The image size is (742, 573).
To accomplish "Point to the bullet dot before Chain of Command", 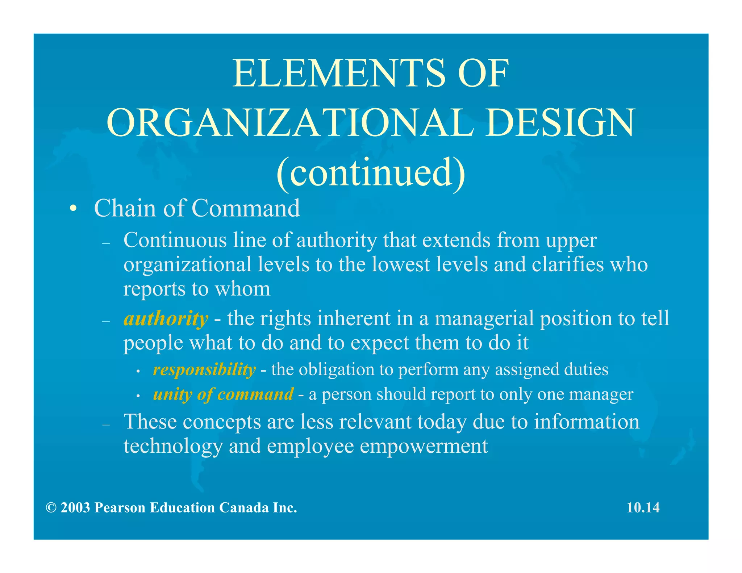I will click(x=74, y=209).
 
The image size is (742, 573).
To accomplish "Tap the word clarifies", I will click(x=568, y=264).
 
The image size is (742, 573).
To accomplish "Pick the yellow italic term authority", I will click(x=166, y=319).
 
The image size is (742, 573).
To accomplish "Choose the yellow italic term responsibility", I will click(x=204, y=370).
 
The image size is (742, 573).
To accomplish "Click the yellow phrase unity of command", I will click(x=223, y=394).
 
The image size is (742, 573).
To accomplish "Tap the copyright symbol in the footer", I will click(x=51, y=508).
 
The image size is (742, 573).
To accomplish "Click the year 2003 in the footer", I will click(x=75, y=508).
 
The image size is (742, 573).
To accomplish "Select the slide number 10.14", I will click(x=643, y=508).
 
